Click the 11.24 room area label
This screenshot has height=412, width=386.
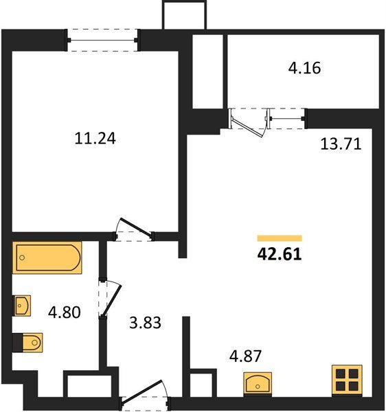tap(95, 139)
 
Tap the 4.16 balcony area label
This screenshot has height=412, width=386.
tap(304, 68)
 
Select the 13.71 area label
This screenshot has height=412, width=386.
tap(341, 144)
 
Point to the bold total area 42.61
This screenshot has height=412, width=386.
tap(280, 254)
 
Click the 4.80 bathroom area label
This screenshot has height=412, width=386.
tap(65, 312)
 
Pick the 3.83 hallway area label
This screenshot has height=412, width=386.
tap(145, 323)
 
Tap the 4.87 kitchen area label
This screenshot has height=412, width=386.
tap(245, 356)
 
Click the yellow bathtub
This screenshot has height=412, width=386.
tap(47, 257)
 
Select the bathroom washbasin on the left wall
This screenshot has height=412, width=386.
tap(22, 306)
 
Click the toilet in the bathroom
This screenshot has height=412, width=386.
tap(28, 343)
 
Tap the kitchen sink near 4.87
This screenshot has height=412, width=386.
tap(258, 383)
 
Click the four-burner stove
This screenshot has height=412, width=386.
tap(347, 380)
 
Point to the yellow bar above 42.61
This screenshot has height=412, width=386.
tap(280, 238)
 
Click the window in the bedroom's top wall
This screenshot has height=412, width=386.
tap(102, 41)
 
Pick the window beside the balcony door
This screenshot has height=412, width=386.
tap(286, 119)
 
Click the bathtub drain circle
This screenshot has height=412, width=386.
tap(22, 257)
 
